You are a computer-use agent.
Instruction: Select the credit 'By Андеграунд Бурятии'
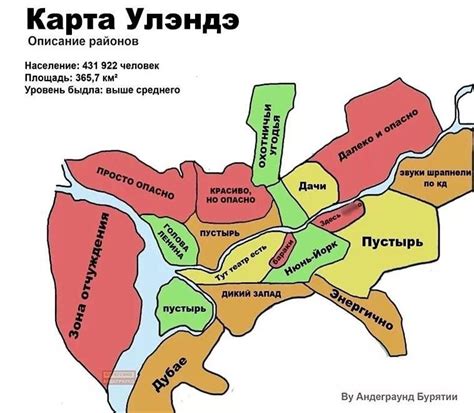tap(403, 392)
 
